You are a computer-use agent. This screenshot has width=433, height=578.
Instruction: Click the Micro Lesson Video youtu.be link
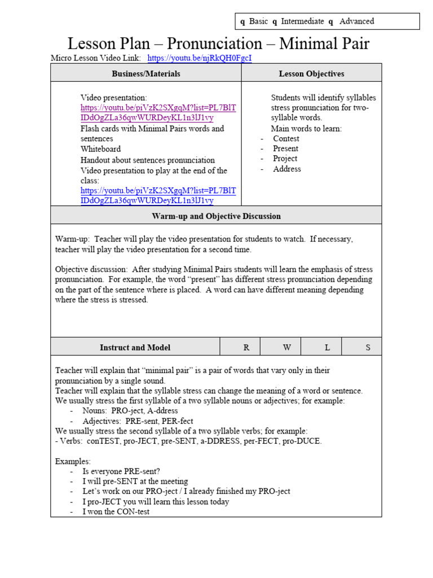200,58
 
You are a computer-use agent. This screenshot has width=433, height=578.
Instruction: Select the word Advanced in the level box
356,21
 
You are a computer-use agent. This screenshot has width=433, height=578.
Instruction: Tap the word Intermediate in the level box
302,21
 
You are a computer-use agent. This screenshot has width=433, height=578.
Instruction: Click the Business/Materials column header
146,73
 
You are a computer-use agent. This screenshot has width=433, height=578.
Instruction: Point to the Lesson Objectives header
311,73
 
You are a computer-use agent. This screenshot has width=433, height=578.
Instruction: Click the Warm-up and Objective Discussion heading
216,216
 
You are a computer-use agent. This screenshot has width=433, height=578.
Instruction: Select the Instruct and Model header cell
135,347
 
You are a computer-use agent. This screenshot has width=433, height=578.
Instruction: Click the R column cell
246,347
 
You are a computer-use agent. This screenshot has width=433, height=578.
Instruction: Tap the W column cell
287,347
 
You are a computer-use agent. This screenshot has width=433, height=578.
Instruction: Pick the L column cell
327,347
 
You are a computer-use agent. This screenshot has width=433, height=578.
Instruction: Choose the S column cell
368,347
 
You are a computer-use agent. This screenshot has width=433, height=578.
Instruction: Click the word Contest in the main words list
286,138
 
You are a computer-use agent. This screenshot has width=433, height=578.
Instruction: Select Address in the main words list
287,169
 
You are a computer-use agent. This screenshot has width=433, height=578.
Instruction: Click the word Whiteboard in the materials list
100,149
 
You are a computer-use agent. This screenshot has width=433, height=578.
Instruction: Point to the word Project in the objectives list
285,159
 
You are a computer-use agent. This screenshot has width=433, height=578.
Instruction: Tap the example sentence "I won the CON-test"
116,512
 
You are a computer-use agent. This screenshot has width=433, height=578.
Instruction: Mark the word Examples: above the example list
73,461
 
